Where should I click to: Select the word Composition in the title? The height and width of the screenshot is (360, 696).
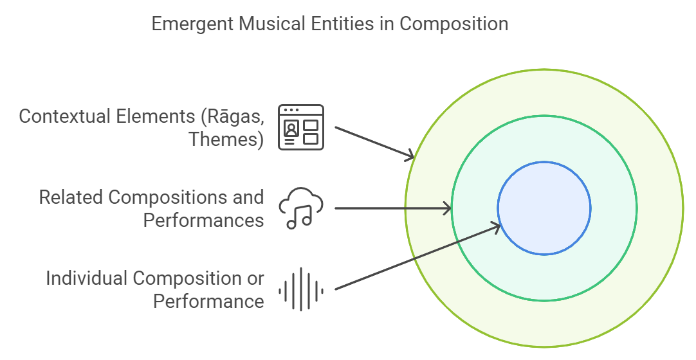click(x=454, y=24)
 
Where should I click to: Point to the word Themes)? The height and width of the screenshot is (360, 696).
click(x=226, y=139)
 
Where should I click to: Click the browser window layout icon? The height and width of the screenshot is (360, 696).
click(x=301, y=127)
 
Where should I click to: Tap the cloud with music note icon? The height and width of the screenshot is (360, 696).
click(x=300, y=208)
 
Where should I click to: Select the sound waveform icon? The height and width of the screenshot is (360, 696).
click(x=300, y=290)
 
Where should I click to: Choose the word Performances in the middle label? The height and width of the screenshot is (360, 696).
click(x=203, y=220)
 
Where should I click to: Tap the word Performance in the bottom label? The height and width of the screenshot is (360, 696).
click(x=208, y=301)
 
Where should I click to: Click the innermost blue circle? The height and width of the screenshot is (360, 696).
click(x=544, y=208)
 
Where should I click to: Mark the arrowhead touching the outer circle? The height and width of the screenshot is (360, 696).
click(x=409, y=156)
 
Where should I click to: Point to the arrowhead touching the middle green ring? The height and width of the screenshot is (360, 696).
click(x=446, y=208)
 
